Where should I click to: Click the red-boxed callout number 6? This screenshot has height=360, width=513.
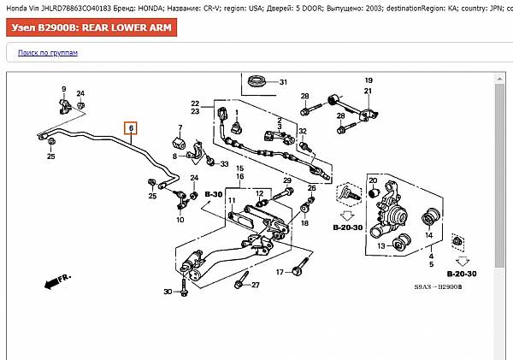(131, 129)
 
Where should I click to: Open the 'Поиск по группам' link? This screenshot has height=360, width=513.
(48, 53)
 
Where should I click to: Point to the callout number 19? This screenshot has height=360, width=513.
(369, 80)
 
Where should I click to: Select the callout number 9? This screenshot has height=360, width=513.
(63, 90)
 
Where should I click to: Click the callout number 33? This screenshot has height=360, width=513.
(224, 163)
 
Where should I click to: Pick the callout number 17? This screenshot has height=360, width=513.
(279, 273)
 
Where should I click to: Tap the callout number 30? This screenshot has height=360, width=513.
(168, 292)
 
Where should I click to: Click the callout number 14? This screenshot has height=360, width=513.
(430, 235)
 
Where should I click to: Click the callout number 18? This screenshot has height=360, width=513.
(304, 223)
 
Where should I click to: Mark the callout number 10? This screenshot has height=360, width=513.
(180, 220)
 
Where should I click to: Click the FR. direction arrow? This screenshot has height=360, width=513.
(56, 281)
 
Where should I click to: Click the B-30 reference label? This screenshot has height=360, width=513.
(213, 195)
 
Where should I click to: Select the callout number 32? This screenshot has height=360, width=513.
(302, 131)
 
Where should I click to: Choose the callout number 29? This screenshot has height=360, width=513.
(287, 180)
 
